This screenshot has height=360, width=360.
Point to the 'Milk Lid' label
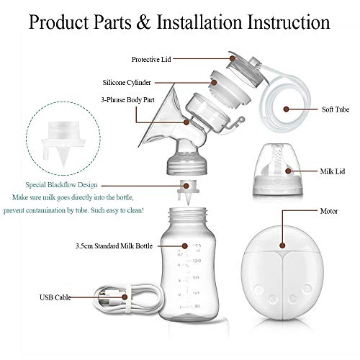coord(332,172)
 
